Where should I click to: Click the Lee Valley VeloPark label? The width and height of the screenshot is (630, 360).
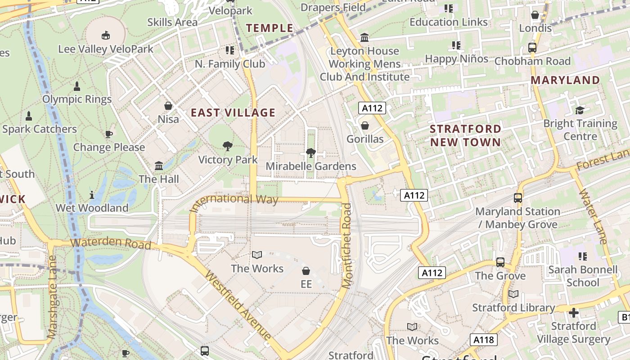click(106, 49)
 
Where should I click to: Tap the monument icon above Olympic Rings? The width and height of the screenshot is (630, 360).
click(77, 86)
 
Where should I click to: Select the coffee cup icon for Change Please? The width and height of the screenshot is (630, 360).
click(108, 134)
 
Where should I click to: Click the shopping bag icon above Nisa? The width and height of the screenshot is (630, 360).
click(168, 106)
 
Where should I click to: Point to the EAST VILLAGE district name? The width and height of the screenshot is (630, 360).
click(233, 112)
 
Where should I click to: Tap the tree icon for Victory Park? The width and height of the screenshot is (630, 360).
click(228, 146)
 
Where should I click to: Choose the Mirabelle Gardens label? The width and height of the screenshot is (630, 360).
click(311, 166)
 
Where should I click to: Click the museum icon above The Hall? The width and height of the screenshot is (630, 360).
click(159, 166)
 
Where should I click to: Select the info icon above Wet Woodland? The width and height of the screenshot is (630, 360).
click(92, 194)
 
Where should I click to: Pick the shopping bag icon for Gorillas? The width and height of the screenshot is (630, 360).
click(365, 125)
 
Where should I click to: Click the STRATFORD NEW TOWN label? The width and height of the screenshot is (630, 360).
click(465, 135)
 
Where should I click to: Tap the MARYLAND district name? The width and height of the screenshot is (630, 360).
click(565, 80)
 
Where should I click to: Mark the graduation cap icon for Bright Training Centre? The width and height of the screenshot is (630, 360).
click(580, 110)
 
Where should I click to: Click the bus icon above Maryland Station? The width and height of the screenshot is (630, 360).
click(518, 198)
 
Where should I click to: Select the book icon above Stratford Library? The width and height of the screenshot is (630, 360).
click(513, 294)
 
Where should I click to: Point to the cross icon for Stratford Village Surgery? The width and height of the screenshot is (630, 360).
click(574, 312)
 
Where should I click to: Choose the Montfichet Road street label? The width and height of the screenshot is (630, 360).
click(346, 245)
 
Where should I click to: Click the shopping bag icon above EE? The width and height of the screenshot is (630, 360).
click(306, 271)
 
